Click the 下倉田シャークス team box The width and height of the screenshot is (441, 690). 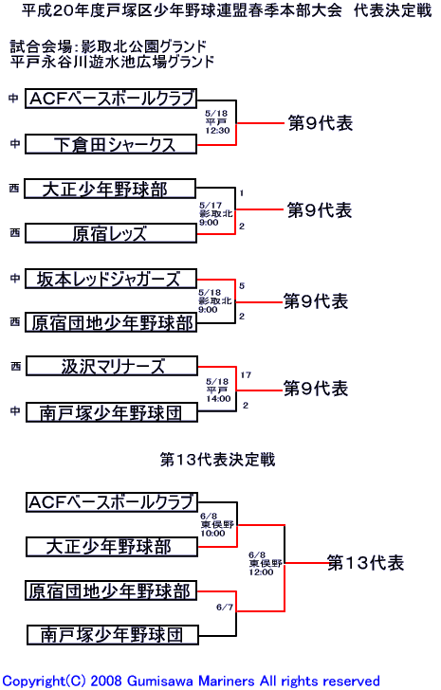[111, 144]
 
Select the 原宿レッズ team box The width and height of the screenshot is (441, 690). [110, 233]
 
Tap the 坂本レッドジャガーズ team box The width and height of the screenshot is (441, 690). [110, 279]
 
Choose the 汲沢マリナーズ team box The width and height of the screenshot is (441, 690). [112, 366]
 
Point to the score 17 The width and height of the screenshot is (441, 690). [246, 375]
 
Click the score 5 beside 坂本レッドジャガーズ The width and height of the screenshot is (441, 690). [242, 286]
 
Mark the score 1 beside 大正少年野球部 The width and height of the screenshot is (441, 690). [242, 193]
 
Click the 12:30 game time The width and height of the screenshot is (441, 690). [217, 131]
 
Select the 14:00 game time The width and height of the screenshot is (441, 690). [218, 399]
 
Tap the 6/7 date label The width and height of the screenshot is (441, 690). [225, 608]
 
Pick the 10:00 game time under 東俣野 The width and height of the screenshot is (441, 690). [212, 534]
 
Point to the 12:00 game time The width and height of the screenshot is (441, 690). [261, 572]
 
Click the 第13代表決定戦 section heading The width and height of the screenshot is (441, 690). [217, 460]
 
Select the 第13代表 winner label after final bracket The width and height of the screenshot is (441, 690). [365, 563]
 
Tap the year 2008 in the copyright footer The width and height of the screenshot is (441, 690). [105, 681]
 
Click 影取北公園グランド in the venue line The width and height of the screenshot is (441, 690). [144, 46]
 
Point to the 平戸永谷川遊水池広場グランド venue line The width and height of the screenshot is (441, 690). [112, 62]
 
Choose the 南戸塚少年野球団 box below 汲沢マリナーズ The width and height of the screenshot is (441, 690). [112, 413]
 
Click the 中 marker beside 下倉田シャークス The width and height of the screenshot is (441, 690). [15, 143]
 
